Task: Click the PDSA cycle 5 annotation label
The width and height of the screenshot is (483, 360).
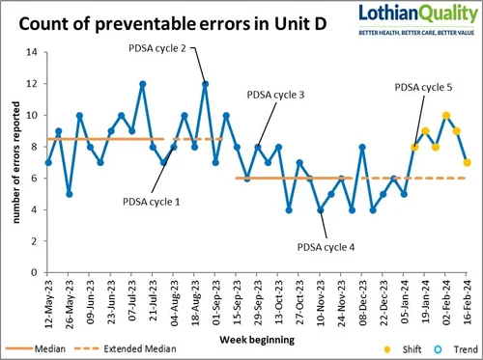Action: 423,88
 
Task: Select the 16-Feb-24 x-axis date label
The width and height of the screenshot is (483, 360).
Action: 468,303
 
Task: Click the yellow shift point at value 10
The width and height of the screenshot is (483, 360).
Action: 445,115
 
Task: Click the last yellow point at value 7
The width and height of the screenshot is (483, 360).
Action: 468,162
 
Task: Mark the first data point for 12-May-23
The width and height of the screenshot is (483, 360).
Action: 48,162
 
